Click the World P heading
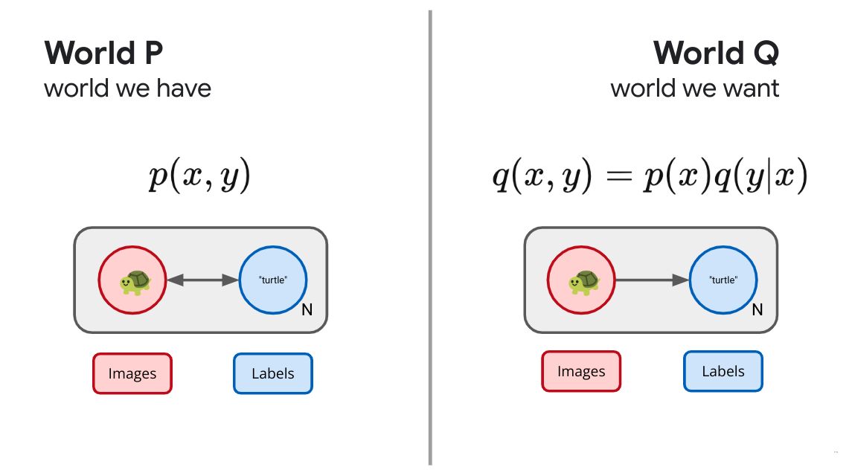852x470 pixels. click(103, 53)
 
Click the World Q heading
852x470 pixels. click(716, 54)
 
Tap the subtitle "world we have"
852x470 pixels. click(128, 88)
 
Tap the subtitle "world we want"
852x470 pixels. click(695, 88)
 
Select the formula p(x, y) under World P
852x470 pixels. click(199, 175)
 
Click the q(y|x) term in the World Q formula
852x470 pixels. click(760, 175)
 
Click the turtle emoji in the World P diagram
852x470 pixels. click(135, 282)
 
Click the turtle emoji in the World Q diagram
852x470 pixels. click(583, 282)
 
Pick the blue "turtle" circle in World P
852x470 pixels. click(273, 280)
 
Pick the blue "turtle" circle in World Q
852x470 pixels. click(723, 280)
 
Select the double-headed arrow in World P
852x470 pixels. click(202, 280)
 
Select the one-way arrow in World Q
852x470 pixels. click(652, 280)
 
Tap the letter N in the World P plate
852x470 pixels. click(307, 309)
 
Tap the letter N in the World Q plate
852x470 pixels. click(757, 309)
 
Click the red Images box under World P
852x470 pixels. click(132, 373)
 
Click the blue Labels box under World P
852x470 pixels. click(273, 373)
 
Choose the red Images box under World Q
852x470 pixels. click(581, 371)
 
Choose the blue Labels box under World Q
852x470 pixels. click(723, 371)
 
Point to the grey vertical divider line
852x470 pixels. click(430, 237)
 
